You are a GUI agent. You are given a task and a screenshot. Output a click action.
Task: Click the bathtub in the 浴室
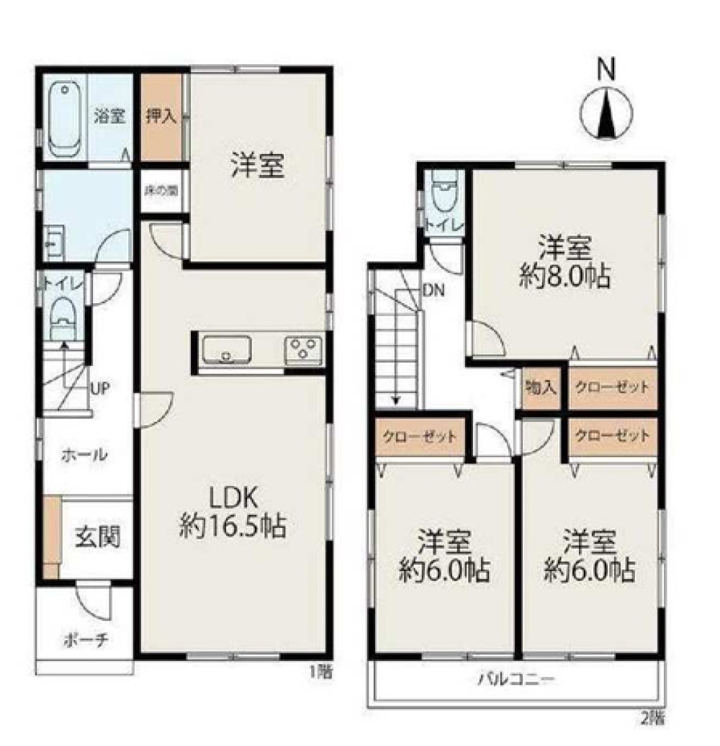[65, 119]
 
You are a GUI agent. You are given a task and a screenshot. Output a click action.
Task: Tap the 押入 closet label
[161, 116]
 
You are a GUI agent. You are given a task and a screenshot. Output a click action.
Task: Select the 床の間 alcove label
[161, 192]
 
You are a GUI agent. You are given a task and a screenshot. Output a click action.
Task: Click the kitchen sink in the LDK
[226, 350]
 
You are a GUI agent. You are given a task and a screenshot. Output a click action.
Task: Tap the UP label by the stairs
[100, 388]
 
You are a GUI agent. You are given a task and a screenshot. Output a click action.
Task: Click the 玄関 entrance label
[98, 536]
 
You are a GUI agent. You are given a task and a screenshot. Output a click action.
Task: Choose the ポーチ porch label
[86, 640]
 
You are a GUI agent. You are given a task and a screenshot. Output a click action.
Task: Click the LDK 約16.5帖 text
[233, 512]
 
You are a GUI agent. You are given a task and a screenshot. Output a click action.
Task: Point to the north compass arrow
[606, 114]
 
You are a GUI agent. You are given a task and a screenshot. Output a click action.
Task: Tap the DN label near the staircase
[433, 290]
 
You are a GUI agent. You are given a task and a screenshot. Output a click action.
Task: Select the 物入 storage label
[541, 387]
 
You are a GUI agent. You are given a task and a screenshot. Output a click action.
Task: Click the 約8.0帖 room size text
[564, 276]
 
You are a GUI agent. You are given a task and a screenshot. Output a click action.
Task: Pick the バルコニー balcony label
[516, 679]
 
